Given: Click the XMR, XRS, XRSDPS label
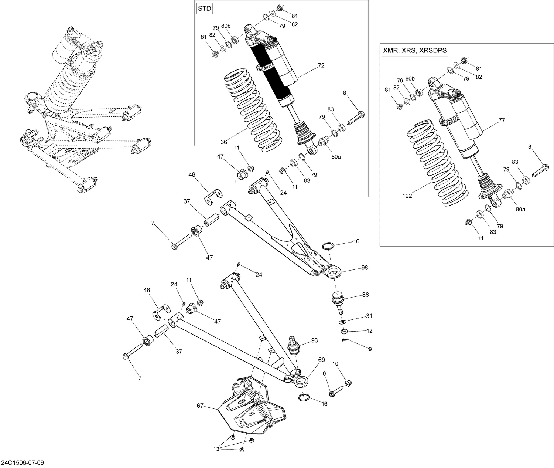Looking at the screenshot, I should (x=414, y=51).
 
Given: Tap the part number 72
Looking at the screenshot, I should (x=321, y=65).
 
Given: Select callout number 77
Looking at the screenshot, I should (x=502, y=120).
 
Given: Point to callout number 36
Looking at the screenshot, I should (x=224, y=142).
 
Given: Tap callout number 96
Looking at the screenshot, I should (x=365, y=267).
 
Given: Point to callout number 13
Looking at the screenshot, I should (x=216, y=449).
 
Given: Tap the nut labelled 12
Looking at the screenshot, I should (x=343, y=330).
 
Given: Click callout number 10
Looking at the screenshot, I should (x=335, y=364).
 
